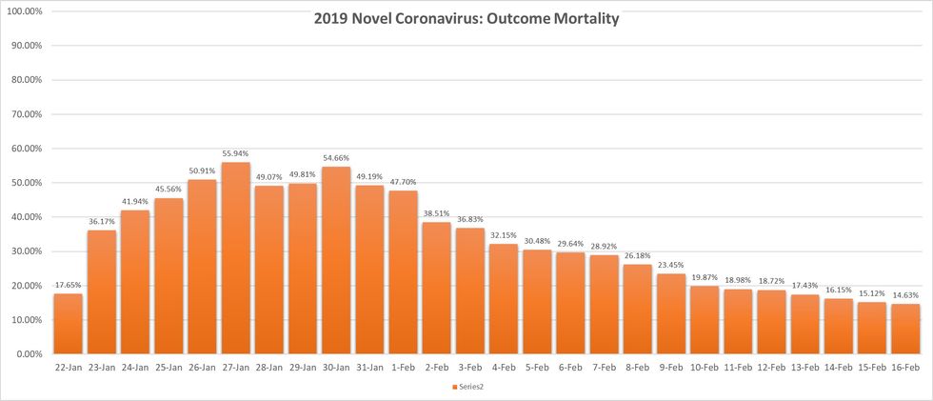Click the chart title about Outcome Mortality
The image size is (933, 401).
(x=466, y=18)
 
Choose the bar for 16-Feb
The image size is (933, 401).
(x=906, y=329)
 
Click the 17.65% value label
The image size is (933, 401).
(x=68, y=286)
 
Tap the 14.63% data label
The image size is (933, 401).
(x=906, y=296)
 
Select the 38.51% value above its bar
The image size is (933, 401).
(x=438, y=214)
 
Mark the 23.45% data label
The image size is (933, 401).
(x=672, y=266)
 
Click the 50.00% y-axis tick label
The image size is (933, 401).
(x=28, y=183)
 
